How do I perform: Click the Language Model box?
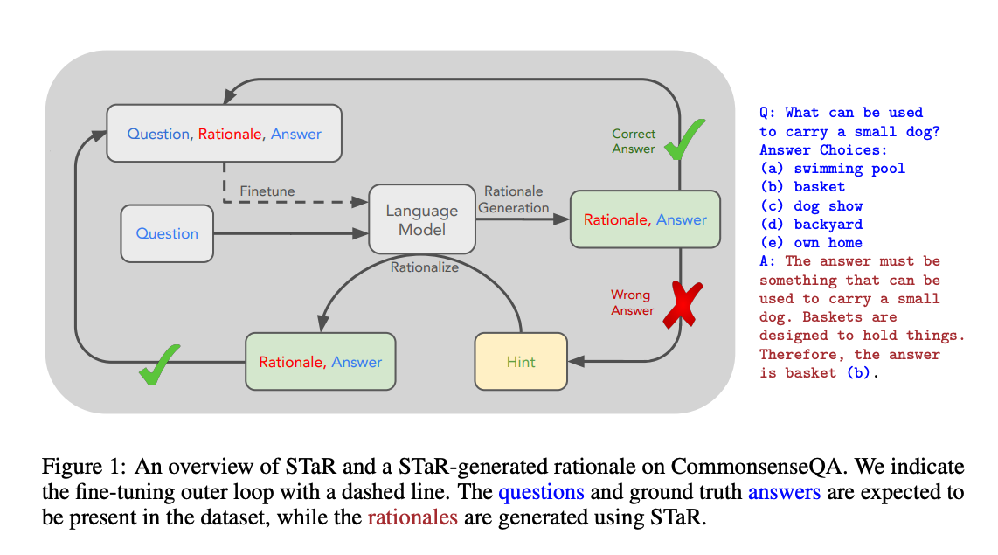pyautogui.click(x=422, y=220)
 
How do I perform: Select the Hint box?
pyautogui.click(x=521, y=361)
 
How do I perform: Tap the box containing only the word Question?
pyautogui.click(x=167, y=233)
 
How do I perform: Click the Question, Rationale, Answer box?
pyautogui.click(x=224, y=134)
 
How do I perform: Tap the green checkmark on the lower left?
pyautogui.click(x=159, y=361)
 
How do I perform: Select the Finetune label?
pyautogui.click(x=267, y=191)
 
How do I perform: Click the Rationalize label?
pyautogui.click(x=424, y=267)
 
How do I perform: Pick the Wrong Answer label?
pyautogui.click(x=632, y=302)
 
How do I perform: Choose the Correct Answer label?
pyautogui.click(x=634, y=141)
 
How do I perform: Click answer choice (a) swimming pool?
pyautogui.click(x=832, y=168)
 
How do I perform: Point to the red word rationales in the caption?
pyautogui.click(x=412, y=517)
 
